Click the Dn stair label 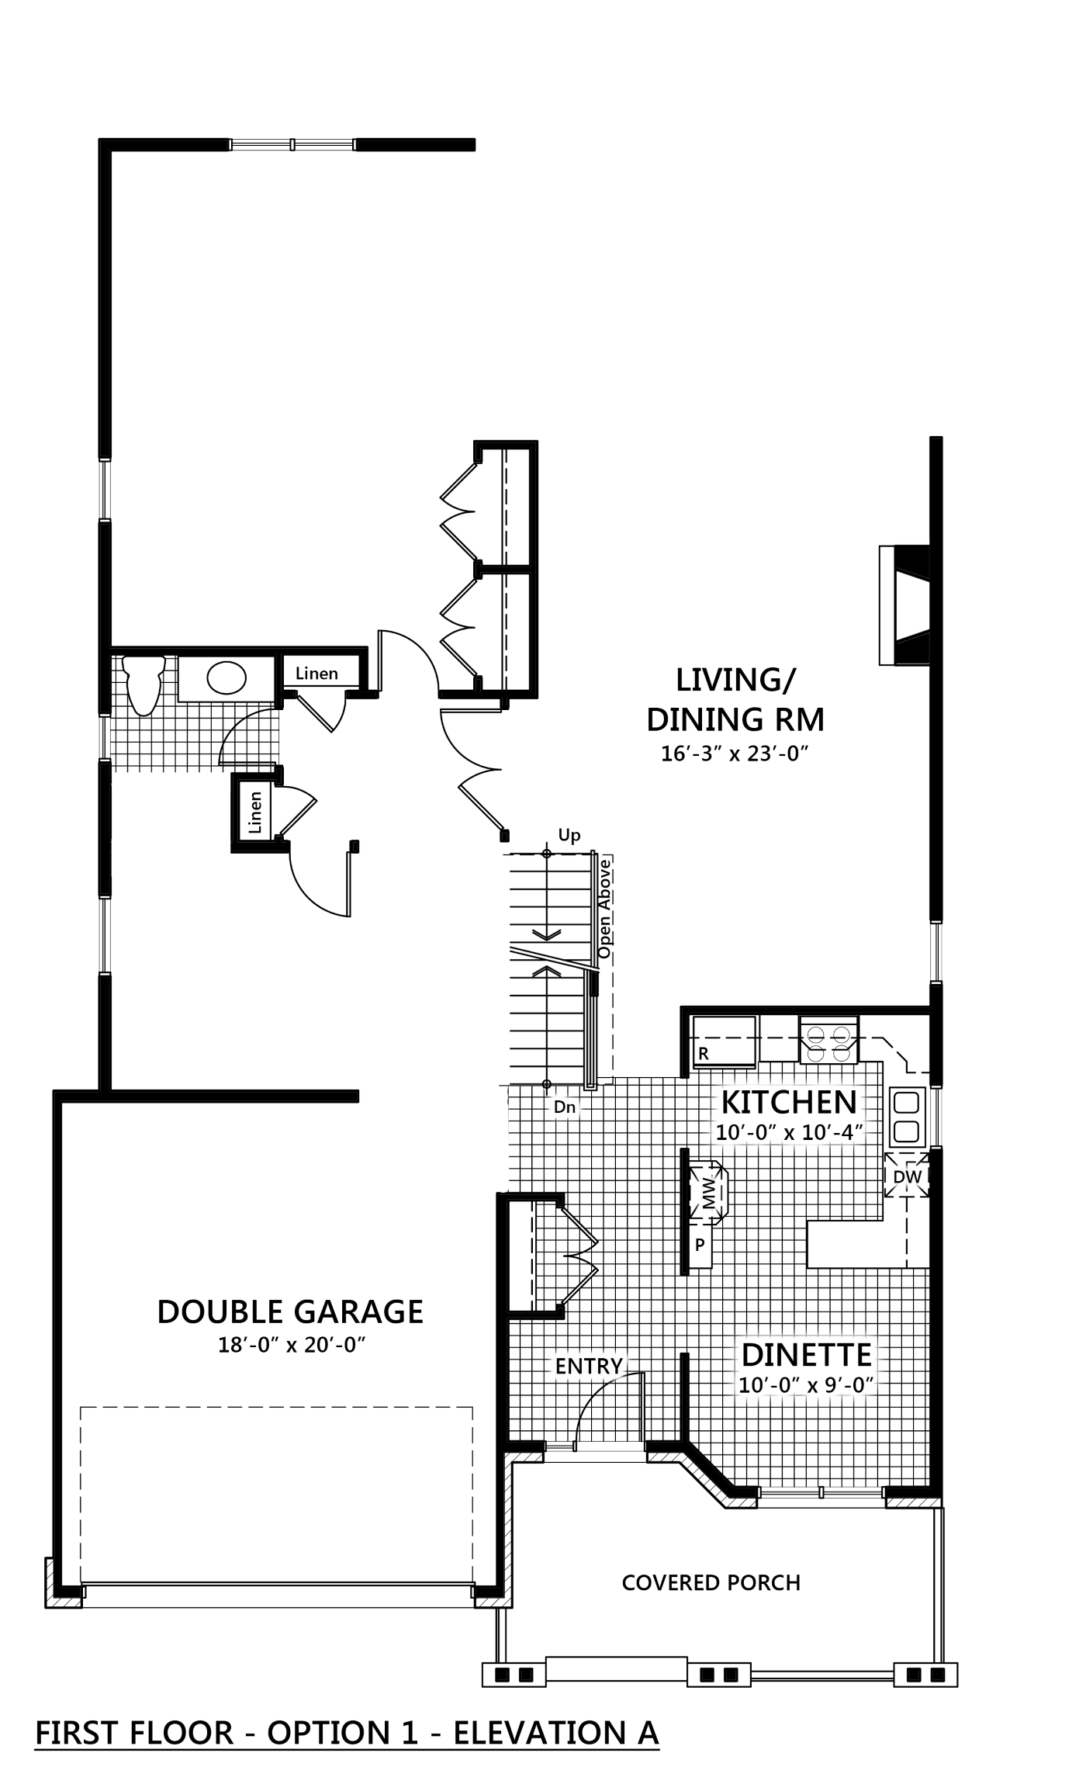(565, 1107)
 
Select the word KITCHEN (789, 1103)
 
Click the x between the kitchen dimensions (789, 1134)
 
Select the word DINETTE (807, 1356)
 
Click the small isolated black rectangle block (907, 171)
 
